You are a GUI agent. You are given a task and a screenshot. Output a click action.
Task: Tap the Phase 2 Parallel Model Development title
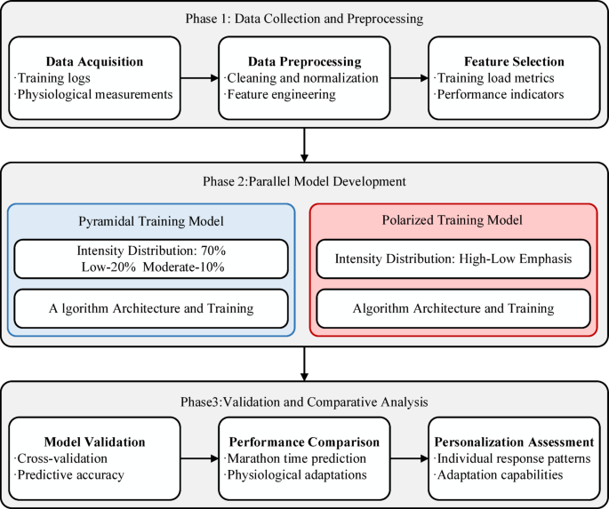coord(304,181)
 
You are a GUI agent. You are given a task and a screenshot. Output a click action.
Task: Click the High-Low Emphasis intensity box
coord(453,259)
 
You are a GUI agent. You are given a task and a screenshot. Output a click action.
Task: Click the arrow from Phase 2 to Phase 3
coord(304,362)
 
